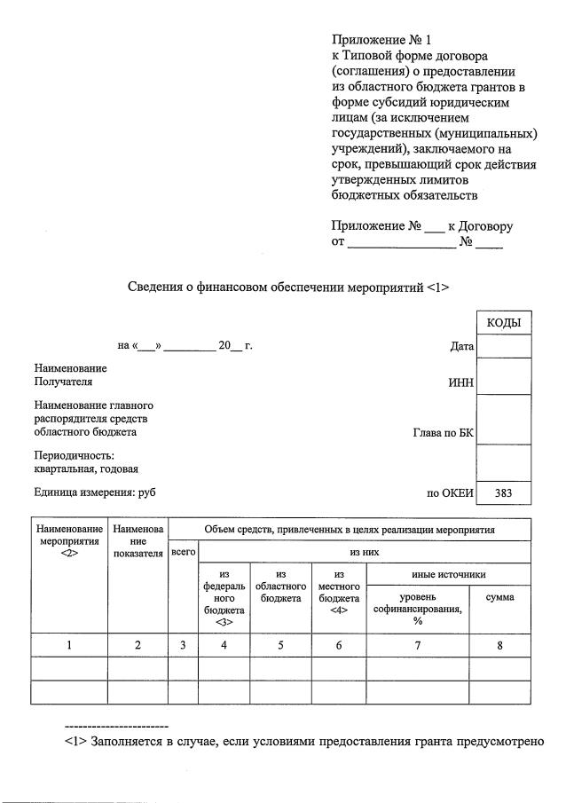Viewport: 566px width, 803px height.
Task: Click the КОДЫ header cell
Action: coord(503,322)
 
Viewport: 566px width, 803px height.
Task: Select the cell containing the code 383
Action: coord(503,493)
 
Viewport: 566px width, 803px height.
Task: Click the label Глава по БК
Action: coord(444,433)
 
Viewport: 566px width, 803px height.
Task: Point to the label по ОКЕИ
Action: coord(451,493)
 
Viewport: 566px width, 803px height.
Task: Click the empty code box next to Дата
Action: coord(503,345)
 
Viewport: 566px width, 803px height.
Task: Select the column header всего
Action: coord(183,552)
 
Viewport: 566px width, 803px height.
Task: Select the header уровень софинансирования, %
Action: coord(417,610)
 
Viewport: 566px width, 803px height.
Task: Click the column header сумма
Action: coord(499,598)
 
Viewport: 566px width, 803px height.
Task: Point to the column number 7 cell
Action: coord(417,646)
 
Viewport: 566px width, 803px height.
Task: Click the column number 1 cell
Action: coord(69,646)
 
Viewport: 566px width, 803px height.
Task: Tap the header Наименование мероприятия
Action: coord(69,540)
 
